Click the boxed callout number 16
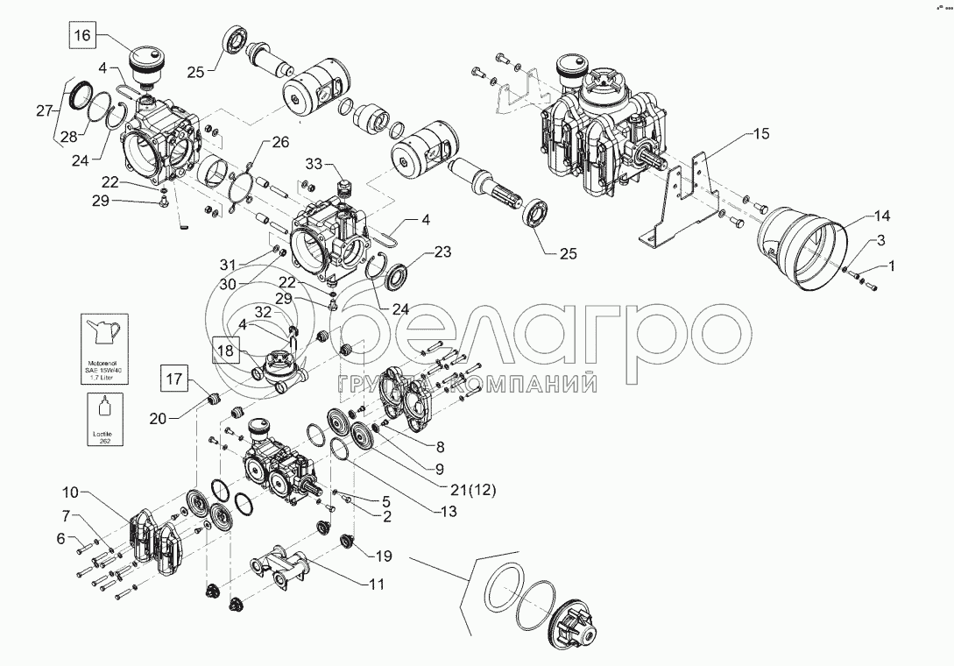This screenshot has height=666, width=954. [x=81, y=36]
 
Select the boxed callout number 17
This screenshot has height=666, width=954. [x=173, y=380]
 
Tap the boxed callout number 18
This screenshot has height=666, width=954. [x=224, y=350]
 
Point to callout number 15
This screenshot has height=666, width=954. [x=761, y=135]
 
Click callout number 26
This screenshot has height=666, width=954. [x=279, y=141]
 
